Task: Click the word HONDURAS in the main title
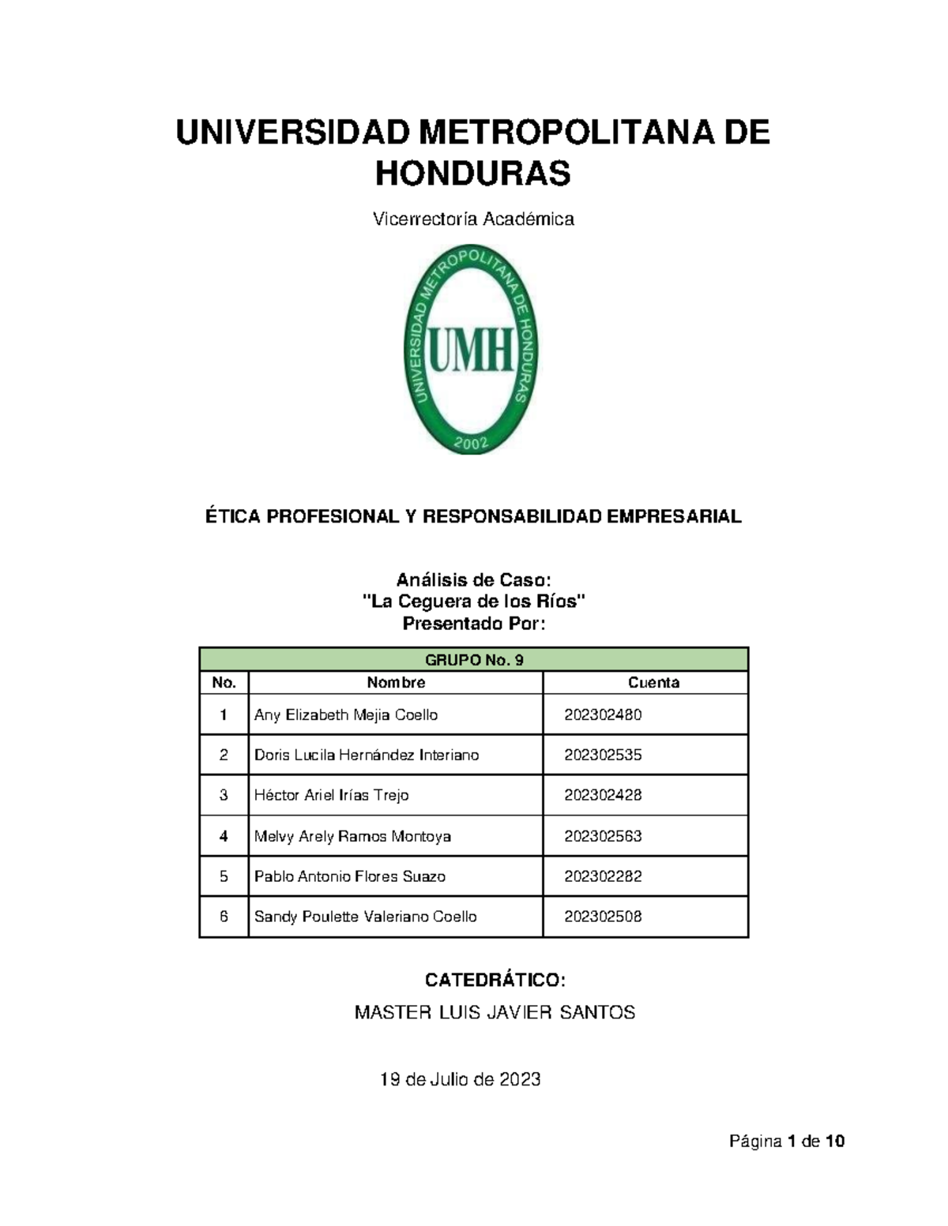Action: tap(472, 174)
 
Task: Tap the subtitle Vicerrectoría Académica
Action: tap(472, 219)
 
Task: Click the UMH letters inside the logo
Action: tap(472, 351)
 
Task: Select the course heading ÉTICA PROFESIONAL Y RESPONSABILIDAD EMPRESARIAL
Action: tap(473, 517)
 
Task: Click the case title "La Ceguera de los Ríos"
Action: tap(473, 602)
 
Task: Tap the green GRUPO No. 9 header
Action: tap(473, 660)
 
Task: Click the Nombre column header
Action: tap(396, 683)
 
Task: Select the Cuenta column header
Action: tap(653, 683)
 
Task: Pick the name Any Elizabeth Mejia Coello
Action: tap(346, 715)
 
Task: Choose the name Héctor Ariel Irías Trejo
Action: tap(331, 796)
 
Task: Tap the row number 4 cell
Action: tap(224, 836)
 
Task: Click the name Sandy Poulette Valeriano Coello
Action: tap(365, 917)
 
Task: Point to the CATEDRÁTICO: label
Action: tap(495, 980)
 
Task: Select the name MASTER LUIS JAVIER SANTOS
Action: tap(495, 1013)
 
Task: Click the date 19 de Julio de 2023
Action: tap(461, 1080)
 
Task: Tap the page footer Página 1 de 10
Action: tap(787, 1142)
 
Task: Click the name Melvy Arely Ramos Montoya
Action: tap(352, 836)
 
